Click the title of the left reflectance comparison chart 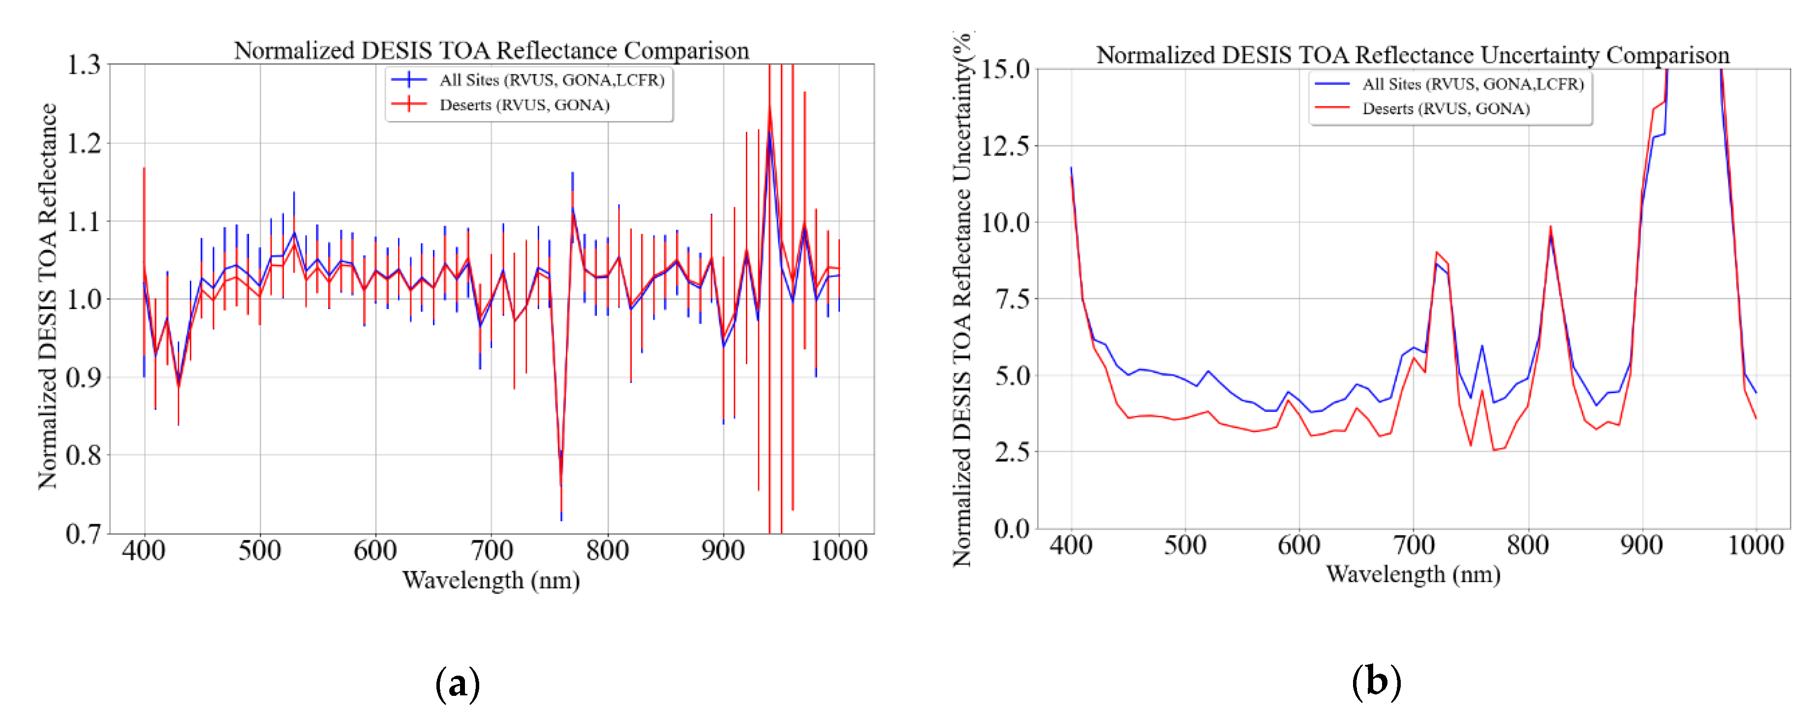491,51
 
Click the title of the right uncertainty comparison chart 1412,55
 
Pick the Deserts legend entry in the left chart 524,105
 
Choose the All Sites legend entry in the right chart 1473,84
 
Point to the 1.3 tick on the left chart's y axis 84,65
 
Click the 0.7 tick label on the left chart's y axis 84,534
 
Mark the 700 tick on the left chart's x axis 491,551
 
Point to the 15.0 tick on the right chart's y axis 1006,69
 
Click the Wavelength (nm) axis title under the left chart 491,581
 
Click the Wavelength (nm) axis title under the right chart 1413,575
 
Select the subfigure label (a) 458,683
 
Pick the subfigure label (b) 1376,681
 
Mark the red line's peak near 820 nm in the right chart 1550,227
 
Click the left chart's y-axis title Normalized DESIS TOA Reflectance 47,296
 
